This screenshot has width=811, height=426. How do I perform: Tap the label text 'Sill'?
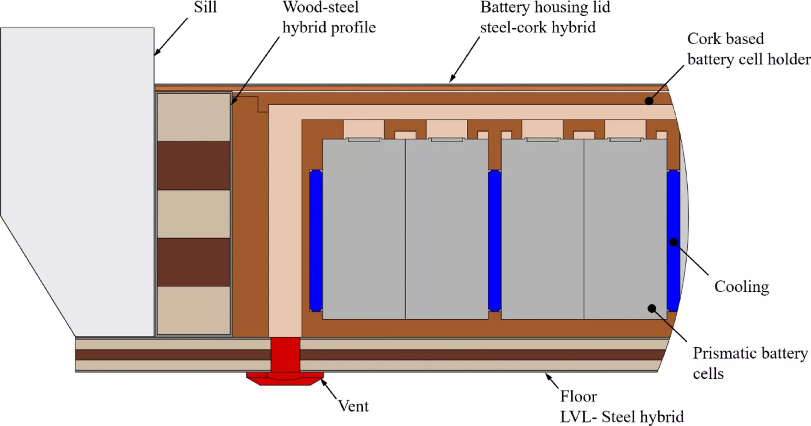pyautogui.click(x=205, y=7)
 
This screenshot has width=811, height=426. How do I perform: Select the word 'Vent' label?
pyautogui.click(x=353, y=406)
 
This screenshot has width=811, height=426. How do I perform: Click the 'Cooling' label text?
pyautogui.click(x=741, y=287)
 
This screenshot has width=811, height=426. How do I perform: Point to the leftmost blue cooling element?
pyautogui.click(x=316, y=240)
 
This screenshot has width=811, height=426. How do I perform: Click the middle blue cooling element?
pyautogui.click(x=494, y=240)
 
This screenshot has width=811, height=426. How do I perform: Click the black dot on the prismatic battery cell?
pyautogui.click(x=652, y=308)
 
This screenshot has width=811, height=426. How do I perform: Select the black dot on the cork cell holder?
pyautogui.click(x=649, y=101)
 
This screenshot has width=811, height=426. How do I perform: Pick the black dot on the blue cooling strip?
pyautogui.click(x=673, y=242)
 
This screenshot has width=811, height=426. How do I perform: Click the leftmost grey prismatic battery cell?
pyautogui.click(x=364, y=230)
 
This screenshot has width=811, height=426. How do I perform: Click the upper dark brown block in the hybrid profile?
pyautogui.click(x=194, y=165)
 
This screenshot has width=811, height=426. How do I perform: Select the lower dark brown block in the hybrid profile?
pyautogui.click(x=194, y=262)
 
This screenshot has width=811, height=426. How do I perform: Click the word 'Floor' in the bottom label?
pyautogui.click(x=579, y=396)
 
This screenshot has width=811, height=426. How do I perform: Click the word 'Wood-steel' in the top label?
pyautogui.click(x=320, y=7)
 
